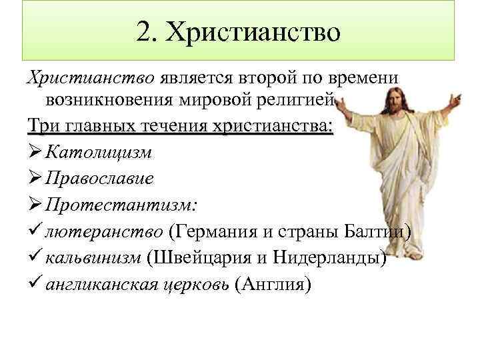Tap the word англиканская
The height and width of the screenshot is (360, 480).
click(101, 285)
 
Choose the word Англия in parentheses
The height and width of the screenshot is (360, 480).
click(273, 285)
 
